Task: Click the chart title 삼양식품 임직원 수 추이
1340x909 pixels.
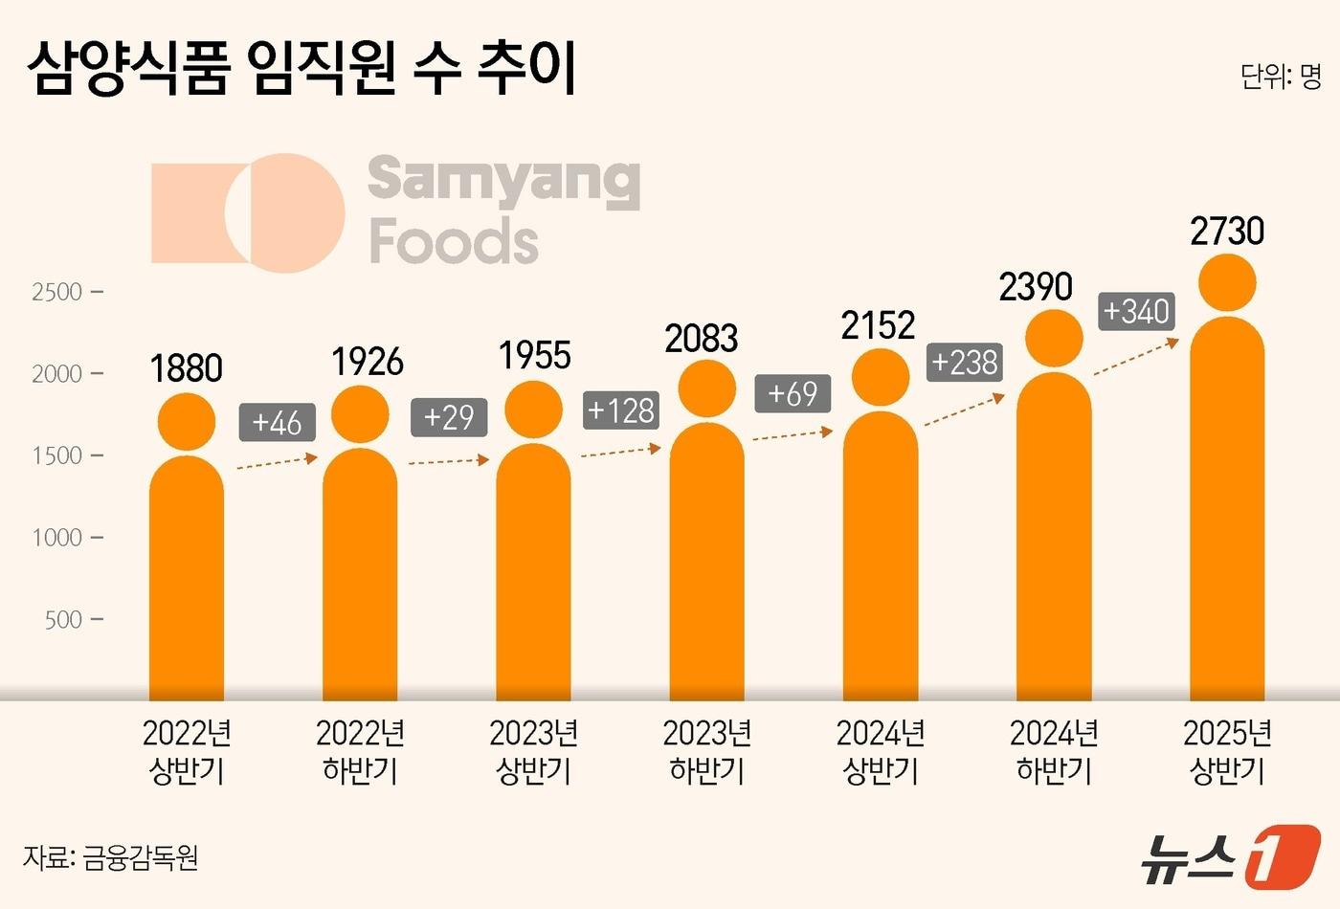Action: (x=301, y=69)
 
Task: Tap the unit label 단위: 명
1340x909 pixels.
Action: (x=1280, y=77)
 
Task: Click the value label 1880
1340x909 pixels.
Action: (x=187, y=368)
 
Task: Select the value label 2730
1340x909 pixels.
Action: (x=1227, y=232)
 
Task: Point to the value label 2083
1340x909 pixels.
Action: (x=702, y=339)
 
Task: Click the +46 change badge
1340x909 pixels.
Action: (x=277, y=422)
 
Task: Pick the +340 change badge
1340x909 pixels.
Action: (x=1136, y=311)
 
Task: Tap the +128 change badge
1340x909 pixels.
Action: (x=621, y=410)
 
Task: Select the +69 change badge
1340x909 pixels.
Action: (x=793, y=393)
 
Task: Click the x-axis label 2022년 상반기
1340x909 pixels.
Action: (x=187, y=752)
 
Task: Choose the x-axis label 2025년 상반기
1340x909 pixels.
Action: (x=1227, y=752)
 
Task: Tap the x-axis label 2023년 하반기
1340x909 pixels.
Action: (x=706, y=752)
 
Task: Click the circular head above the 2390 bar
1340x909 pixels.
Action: (x=1054, y=338)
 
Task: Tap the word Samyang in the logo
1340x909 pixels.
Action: (x=503, y=180)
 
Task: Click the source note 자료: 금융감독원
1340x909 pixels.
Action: (x=110, y=857)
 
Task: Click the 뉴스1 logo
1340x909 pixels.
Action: (x=1229, y=855)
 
